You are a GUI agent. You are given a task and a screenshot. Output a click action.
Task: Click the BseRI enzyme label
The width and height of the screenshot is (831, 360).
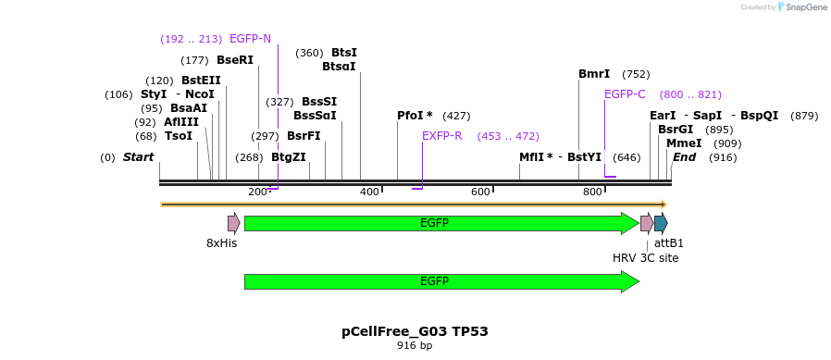coord(235,60)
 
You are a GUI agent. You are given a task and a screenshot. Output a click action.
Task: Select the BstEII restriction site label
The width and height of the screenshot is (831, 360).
coord(201,81)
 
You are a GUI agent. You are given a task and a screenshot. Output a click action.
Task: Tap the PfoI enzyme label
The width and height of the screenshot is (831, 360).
coord(415,116)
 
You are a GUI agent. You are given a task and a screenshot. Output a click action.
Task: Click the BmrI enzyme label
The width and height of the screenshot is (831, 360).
coord(594,74)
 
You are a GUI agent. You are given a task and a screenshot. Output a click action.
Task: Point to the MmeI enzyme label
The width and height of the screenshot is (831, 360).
coord(684,143)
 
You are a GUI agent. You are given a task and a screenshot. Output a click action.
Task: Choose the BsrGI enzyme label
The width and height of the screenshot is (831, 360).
coord(676,130)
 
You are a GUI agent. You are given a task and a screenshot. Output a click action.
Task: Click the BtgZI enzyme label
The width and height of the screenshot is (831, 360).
coord(289,157)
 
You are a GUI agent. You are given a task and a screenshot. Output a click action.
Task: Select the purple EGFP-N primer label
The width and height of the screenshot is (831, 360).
coord(250,39)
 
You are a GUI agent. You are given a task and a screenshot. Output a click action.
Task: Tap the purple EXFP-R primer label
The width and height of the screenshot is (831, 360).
coord(441,136)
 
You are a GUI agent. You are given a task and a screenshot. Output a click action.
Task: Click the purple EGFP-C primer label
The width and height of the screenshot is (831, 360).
coord(625,94)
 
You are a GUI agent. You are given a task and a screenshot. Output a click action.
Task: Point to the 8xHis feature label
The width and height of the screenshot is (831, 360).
coord(221,243)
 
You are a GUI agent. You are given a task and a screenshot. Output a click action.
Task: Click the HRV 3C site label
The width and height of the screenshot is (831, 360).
coord(645,257)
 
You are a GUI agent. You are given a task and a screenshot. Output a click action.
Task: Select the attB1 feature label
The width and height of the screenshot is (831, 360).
coord(669,243)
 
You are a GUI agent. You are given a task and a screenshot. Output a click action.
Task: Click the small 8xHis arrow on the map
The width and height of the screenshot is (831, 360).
coord(234,223)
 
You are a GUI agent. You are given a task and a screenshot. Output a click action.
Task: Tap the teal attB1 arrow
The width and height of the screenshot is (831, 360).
coord(661,223)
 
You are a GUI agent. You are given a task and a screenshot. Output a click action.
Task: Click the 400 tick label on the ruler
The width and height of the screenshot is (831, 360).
coord(369,192)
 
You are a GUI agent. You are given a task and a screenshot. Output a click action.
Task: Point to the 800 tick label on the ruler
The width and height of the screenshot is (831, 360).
coord(592,192)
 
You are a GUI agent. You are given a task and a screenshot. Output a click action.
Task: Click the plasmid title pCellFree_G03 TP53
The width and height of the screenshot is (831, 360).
coord(415,331)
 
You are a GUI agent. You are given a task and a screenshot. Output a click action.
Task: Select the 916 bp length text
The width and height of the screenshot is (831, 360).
coord(415,346)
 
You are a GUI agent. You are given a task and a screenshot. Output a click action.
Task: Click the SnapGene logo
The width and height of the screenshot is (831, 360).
coord(802,7)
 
